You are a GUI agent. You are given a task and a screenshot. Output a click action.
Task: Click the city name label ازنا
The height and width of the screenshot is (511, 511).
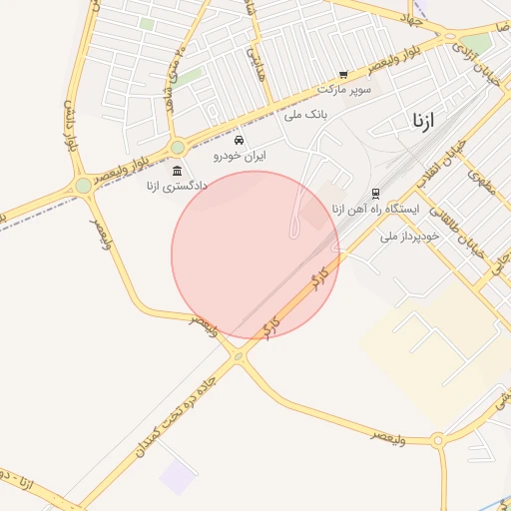423,121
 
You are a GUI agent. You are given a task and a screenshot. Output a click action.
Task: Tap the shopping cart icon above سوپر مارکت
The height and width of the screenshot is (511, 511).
343,75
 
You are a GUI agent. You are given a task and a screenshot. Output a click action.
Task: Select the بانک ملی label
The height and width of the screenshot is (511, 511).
306,115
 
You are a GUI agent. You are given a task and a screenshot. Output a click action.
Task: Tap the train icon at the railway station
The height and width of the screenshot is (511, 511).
375,194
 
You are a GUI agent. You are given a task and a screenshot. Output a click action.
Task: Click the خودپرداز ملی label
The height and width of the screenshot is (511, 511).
403,237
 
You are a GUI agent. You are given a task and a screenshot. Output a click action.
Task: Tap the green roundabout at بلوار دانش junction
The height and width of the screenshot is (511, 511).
84,186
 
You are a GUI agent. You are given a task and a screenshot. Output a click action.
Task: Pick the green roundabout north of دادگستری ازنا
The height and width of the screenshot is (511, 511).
178,147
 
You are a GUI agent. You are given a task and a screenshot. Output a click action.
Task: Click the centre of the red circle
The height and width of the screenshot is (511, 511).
255,255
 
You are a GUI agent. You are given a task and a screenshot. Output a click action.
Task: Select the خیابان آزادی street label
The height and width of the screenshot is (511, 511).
478,62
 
